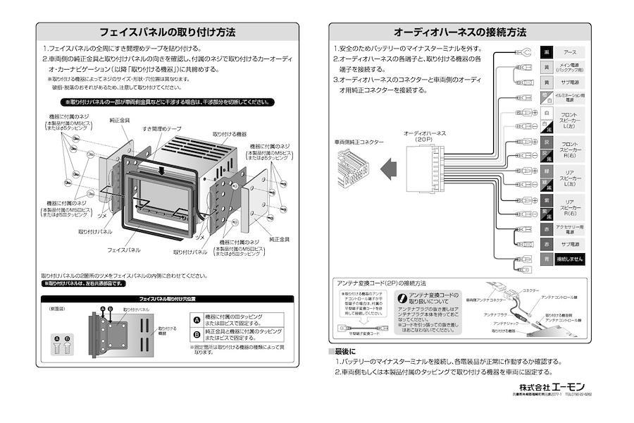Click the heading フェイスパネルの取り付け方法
tap(167, 32)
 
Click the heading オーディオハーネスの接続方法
tap(460, 32)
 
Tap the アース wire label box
tap(570, 53)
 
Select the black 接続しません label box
tap(570, 259)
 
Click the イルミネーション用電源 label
tap(570, 98)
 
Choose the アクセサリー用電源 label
tap(570, 229)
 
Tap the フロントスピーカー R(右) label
tap(570, 150)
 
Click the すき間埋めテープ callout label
tap(161, 130)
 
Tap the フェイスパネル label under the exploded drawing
tap(123, 250)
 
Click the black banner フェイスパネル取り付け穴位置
tap(167, 299)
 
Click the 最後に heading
tap(345, 351)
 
